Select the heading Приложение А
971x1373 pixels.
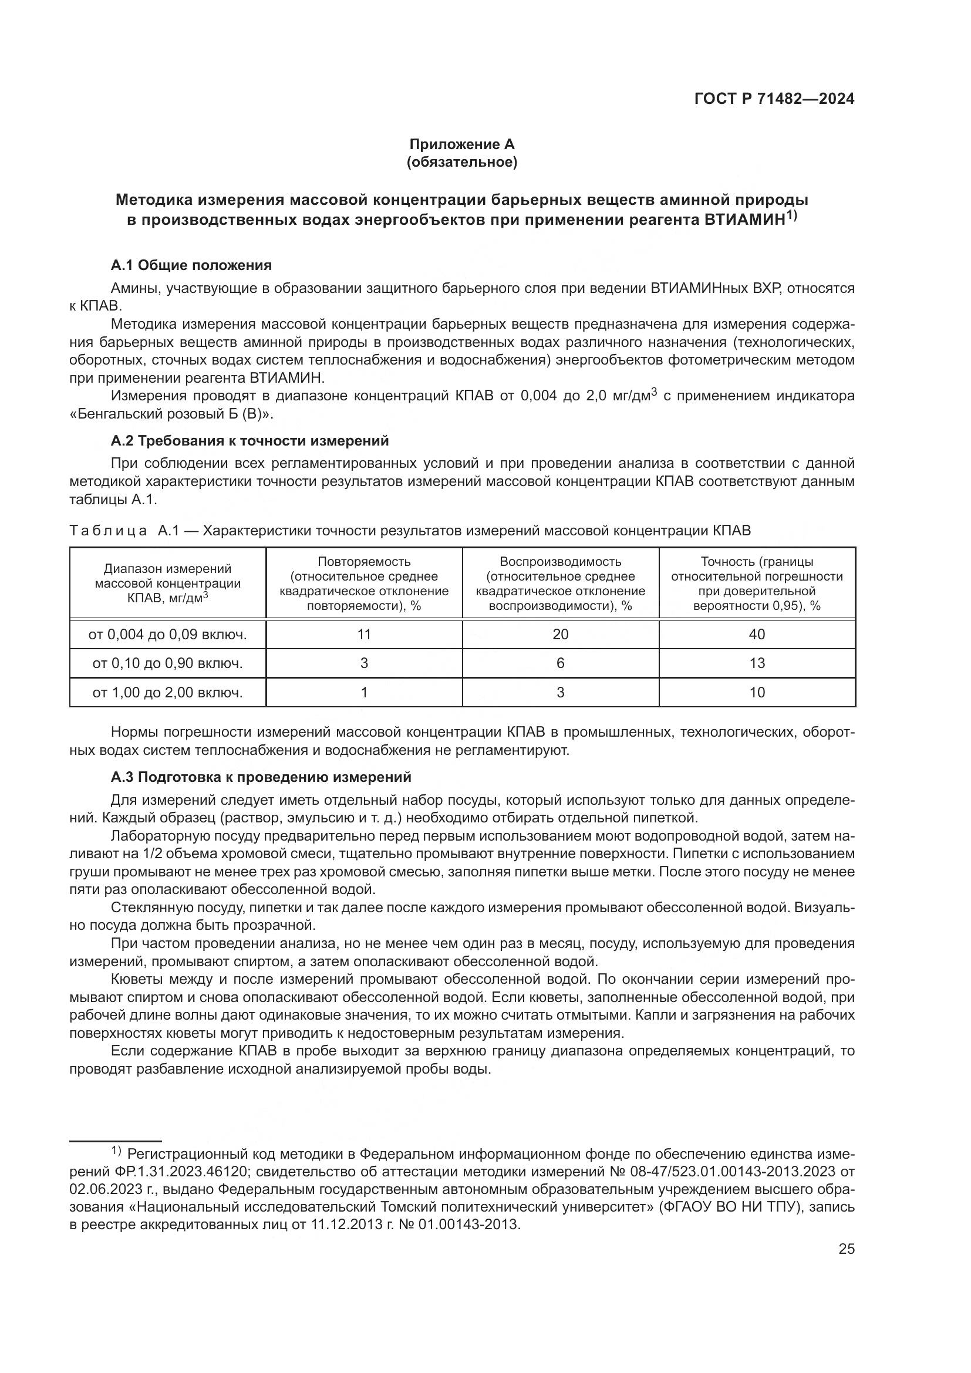(461, 144)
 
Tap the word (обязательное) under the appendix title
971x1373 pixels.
(461, 162)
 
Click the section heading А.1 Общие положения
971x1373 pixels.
(191, 265)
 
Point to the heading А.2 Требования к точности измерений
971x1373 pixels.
(250, 441)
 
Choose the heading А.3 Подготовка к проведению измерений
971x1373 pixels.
(261, 777)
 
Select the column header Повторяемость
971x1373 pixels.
(364, 562)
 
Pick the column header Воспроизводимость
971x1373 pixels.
(560, 562)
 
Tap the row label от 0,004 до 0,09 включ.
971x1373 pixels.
(167, 635)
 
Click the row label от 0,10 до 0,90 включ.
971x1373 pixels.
(167, 663)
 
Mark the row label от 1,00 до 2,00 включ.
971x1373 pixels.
(167, 693)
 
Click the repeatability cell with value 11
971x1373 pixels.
(364, 635)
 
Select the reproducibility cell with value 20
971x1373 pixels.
(560, 635)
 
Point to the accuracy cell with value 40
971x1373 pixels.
(757, 635)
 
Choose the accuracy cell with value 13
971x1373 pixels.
(757, 663)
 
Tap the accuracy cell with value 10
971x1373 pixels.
(757, 693)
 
